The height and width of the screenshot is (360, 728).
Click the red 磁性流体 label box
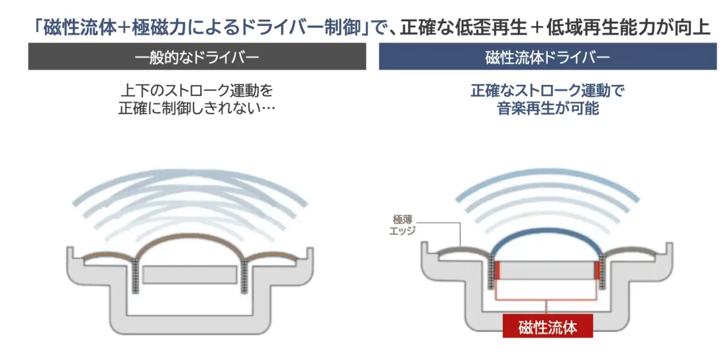[x=548, y=326]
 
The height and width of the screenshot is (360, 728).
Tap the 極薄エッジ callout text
[x=402, y=225]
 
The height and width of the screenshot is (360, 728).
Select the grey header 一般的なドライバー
[x=197, y=56]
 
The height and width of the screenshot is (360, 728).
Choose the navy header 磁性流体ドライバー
[x=548, y=56]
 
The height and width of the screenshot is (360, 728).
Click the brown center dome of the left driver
[x=190, y=237]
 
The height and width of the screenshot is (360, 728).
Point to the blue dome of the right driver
[x=547, y=231]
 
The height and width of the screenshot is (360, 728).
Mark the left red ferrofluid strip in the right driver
[x=497, y=270]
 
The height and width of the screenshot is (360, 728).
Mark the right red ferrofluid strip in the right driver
[x=597, y=270]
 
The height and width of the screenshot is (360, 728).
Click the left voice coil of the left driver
[x=135, y=276]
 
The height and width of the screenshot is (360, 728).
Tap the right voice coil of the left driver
[x=244, y=276]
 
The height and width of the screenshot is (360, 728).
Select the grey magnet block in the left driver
[x=190, y=275]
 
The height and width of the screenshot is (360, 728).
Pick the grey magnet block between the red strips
[x=547, y=270]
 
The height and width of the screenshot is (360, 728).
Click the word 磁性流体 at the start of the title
[x=79, y=27]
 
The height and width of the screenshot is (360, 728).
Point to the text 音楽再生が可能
[x=548, y=108]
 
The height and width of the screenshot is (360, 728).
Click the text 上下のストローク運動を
[x=197, y=90]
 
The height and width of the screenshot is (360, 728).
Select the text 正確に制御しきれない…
[x=197, y=108]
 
